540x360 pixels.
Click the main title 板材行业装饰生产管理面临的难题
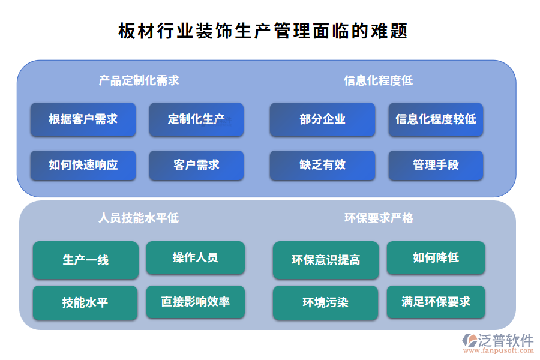[x=263, y=31]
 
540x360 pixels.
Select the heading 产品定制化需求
[x=139, y=80]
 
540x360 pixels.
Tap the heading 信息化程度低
[x=378, y=80]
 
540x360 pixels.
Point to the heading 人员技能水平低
[x=139, y=218]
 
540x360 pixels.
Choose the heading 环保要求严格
[x=379, y=218]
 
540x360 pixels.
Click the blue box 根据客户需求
[x=83, y=119]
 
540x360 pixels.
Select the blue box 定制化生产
[x=196, y=119]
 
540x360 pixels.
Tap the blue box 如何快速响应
[x=83, y=165]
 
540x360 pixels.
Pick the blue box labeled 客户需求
[x=196, y=165]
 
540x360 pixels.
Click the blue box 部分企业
[x=322, y=119]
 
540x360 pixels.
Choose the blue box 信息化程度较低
[x=436, y=119]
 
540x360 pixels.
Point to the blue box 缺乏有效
[x=322, y=165]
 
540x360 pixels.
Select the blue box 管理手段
[x=436, y=165]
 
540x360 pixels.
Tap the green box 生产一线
[x=85, y=260]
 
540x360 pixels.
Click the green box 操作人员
[x=195, y=258]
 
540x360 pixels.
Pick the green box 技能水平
[x=85, y=302]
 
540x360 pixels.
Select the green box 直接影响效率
[x=195, y=301]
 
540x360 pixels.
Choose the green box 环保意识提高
[x=325, y=260]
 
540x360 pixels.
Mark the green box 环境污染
[x=325, y=302]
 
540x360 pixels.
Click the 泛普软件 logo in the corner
[x=497, y=343]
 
